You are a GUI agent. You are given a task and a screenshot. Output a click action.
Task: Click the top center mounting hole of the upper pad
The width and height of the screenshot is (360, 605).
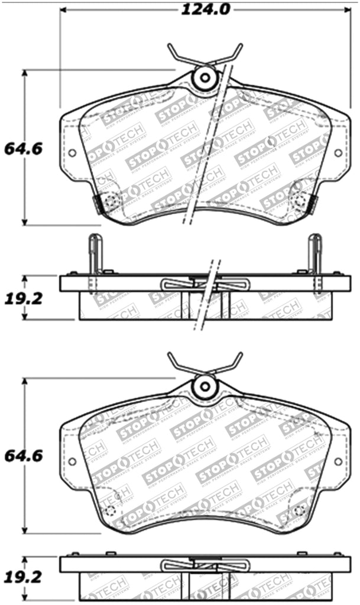click(205, 77)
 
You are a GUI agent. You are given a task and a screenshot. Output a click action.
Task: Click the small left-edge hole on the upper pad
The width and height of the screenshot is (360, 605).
click(72, 153)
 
